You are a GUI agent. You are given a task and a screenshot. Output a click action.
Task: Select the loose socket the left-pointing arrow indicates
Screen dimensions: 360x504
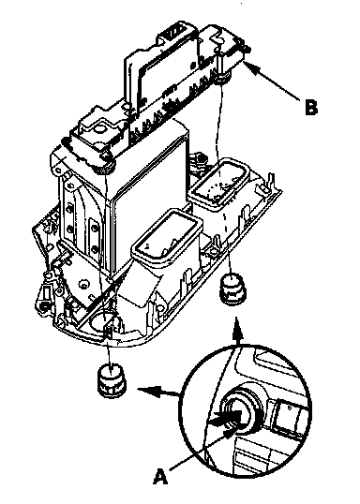pos(112,379)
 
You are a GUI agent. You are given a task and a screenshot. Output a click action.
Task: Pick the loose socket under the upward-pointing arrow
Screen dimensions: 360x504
pos(232,289)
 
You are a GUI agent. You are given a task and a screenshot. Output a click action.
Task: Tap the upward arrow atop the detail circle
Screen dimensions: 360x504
pos(238,332)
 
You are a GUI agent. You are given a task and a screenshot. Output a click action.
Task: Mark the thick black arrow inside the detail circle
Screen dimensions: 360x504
pos(224,419)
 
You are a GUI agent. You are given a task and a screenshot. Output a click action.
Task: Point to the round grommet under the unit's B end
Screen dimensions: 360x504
pos(221,78)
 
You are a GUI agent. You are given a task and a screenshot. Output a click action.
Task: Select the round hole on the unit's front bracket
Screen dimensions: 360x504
pos(100,129)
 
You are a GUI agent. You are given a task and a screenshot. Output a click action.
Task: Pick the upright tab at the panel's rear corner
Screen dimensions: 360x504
pos(270,183)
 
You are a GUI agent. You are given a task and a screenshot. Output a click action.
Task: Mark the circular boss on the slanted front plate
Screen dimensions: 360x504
pos(84,284)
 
